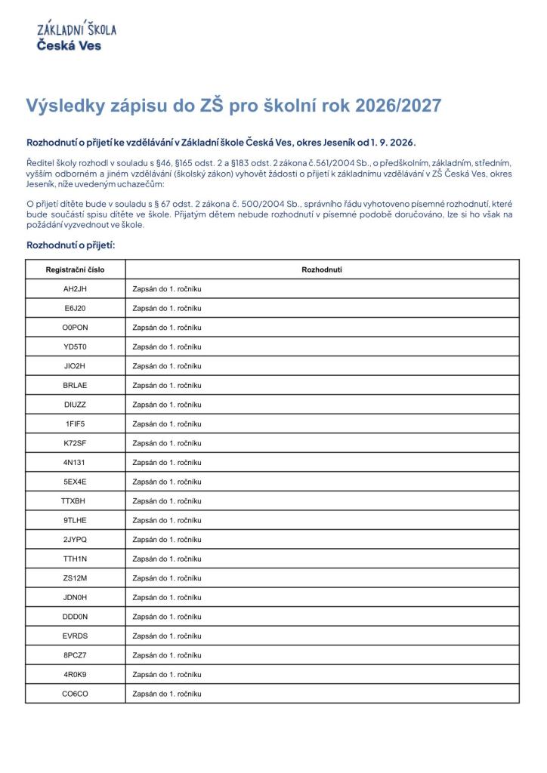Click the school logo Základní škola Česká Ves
point(76,36)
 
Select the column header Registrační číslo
point(76,269)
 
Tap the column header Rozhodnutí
point(322,269)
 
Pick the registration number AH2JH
point(76,289)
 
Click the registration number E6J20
point(76,308)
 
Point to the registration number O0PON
point(76,328)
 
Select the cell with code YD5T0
point(76,346)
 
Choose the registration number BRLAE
point(76,385)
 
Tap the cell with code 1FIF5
point(76,423)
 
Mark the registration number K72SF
point(76,443)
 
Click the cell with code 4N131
point(76,462)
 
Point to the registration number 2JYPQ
point(76,539)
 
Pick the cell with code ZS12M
point(76,577)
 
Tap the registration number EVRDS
point(76,636)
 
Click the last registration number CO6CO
point(76,693)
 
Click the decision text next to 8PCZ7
point(167,655)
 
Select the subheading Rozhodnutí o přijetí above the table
point(70,245)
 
